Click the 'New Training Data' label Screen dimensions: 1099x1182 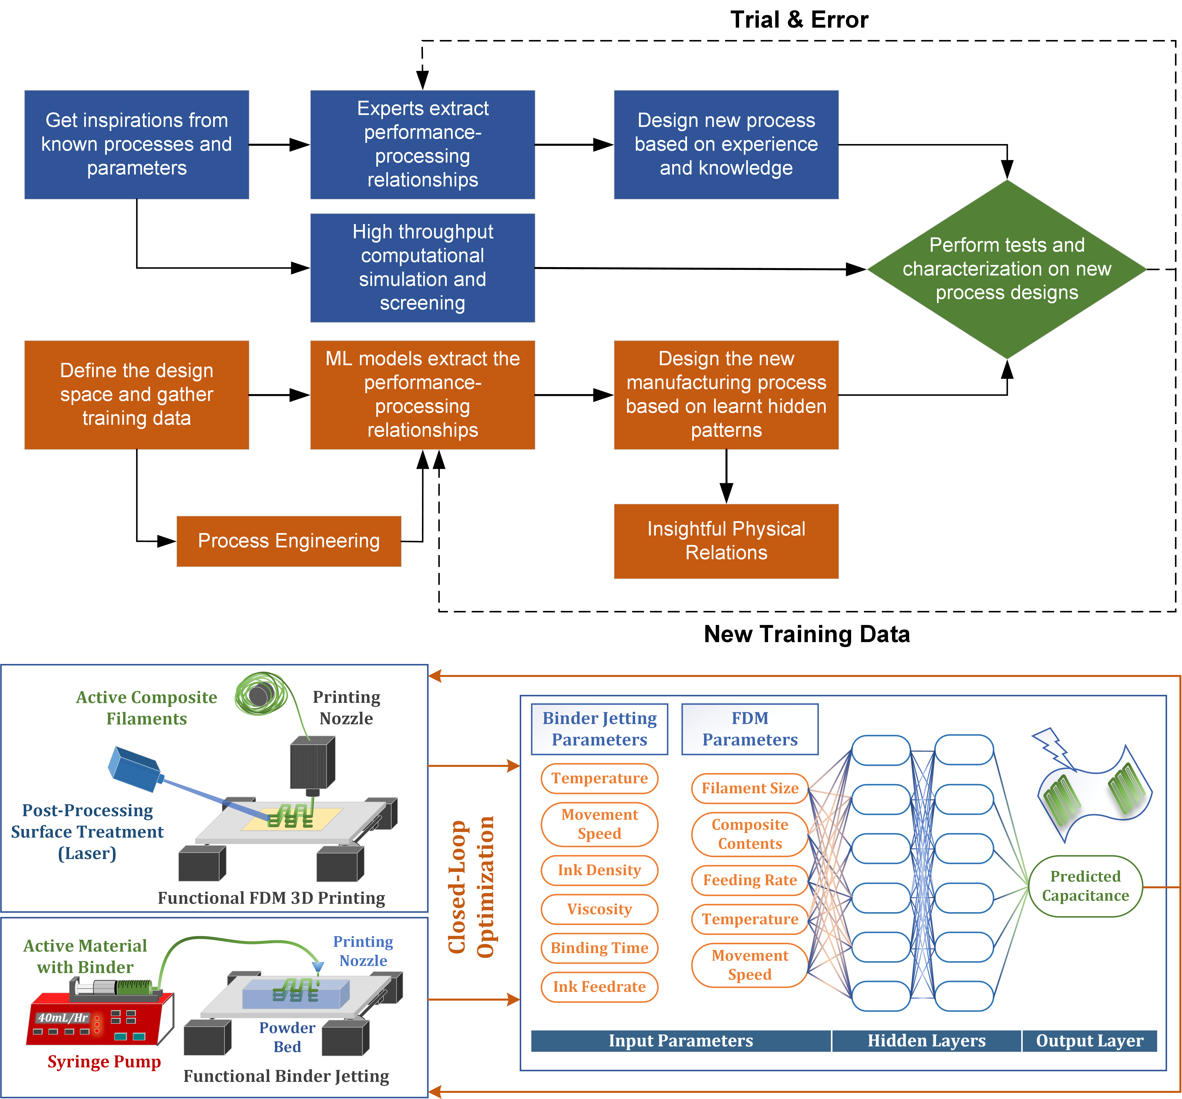coord(806,634)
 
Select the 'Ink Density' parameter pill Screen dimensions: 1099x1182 coord(599,870)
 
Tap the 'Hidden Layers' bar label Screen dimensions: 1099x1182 coord(926,1041)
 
